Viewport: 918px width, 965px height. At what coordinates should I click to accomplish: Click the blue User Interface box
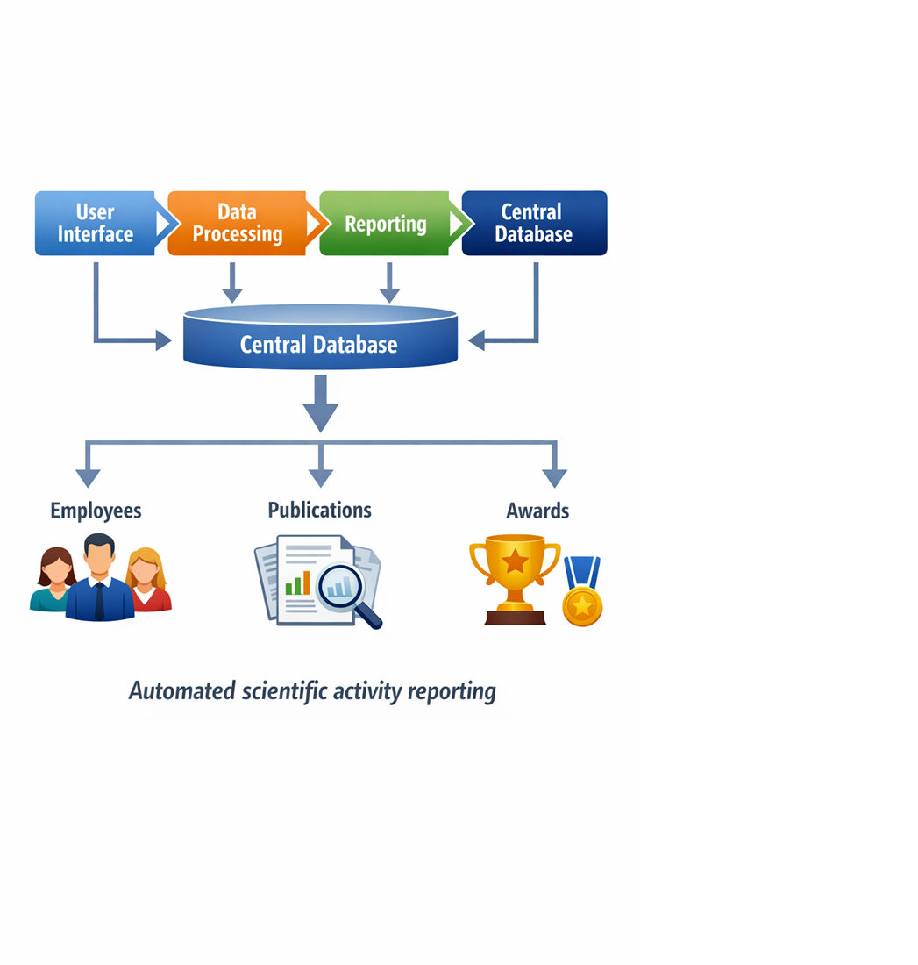click(x=95, y=224)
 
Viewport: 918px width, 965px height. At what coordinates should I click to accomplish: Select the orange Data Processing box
click(x=237, y=224)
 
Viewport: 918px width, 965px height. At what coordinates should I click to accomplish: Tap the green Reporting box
click(x=385, y=224)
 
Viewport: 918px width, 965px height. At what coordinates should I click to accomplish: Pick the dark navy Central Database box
click(x=534, y=224)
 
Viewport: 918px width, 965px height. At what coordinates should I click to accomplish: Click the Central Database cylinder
click(x=320, y=338)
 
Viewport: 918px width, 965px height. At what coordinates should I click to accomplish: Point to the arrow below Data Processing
click(x=231, y=283)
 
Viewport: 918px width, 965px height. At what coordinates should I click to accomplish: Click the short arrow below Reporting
click(x=388, y=283)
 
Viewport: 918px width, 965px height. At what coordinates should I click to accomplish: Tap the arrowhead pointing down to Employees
click(x=88, y=475)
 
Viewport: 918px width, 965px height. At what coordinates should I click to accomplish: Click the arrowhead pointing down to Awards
click(x=554, y=475)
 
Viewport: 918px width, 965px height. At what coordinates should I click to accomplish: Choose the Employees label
click(x=96, y=511)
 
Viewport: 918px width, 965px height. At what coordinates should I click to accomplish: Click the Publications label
click(x=319, y=511)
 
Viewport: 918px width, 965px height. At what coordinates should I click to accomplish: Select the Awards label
click(x=537, y=511)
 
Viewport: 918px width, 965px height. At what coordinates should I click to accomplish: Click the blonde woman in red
click(x=146, y=582)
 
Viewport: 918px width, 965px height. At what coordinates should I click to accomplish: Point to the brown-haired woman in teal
click(x=54, y=581)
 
